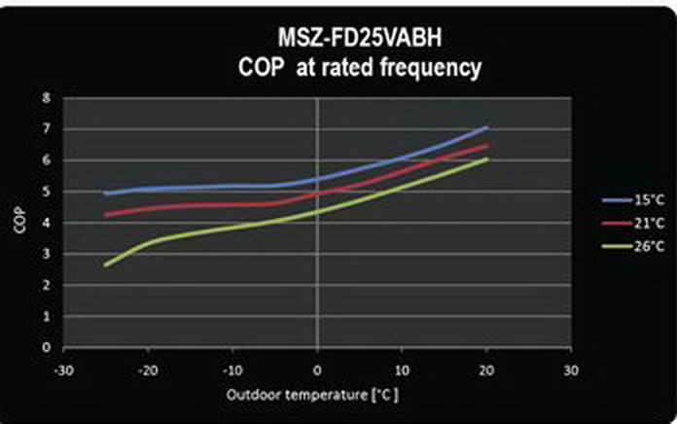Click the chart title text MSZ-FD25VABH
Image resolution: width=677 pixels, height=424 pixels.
(x=360, y=41)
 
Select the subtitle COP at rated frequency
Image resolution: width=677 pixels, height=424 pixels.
(x=360, y=68)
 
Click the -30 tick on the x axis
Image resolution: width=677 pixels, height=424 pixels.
(x=63, y=370)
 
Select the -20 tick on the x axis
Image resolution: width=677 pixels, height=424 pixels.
(x=148, y=370)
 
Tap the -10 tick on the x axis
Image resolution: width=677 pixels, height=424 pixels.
(x=232, y=370)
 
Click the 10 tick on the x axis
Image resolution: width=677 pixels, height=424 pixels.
(x=402, y=370)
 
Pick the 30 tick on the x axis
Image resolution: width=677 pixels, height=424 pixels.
(x=571, y=370)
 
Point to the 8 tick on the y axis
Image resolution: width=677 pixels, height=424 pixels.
(x=46, y=98)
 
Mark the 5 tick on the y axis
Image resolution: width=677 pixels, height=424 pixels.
(x=46, y=192)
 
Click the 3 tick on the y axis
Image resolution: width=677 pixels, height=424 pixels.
(x=46, y=254)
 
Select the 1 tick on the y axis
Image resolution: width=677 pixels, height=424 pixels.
(x=46, y=316)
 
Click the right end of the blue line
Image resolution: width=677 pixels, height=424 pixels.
(x=486, y=127)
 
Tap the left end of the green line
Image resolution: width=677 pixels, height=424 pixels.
(x=106, y=265)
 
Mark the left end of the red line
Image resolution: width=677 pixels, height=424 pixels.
(x=106, y=215)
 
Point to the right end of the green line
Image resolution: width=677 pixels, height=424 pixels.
(x=486, y=159)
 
